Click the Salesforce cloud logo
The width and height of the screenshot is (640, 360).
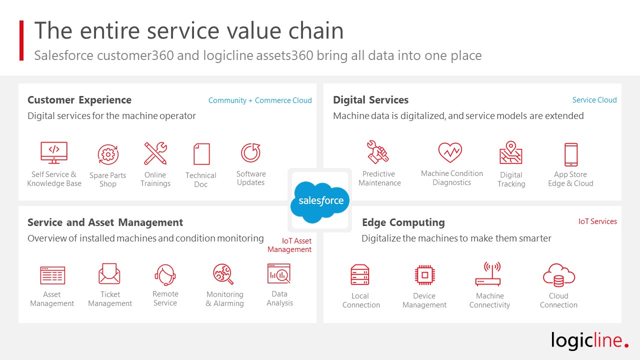coord(319,201)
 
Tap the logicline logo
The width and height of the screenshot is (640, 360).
coord(589,340)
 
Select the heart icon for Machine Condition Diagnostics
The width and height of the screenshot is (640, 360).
coord(450,152)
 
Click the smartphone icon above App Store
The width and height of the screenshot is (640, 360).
coord(571,154)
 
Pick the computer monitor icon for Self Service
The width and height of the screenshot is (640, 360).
coord(54,152)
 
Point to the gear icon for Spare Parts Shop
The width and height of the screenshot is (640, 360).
coord(108,154)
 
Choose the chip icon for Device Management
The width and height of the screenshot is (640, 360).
coord(425,275)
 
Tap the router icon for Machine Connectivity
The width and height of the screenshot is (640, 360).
coord(488,274)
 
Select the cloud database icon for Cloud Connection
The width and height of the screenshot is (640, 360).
coord(559,275)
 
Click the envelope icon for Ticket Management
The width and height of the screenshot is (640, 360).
coord(109,273)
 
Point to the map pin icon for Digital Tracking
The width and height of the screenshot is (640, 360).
coord(511,153)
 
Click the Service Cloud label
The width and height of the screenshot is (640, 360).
coord(594,100)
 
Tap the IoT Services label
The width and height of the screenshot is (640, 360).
coord(597,221)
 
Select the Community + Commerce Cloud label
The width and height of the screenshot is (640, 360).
coord(260,100)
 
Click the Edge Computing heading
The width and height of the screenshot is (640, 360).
coord(403,222)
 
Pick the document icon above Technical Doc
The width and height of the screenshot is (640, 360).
coord(201,154)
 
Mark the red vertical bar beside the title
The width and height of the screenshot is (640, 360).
coord(21,40)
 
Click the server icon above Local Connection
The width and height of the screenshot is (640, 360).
coord(360,275)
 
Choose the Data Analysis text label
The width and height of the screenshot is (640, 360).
coord(279,298)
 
